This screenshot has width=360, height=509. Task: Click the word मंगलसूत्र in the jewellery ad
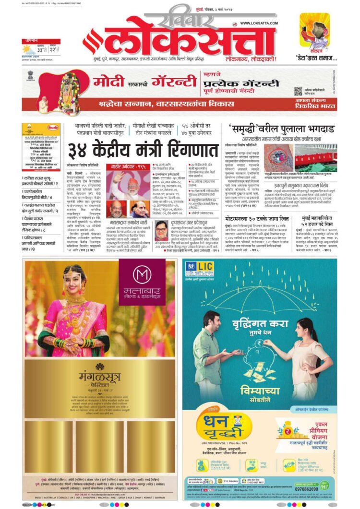(x=99, y=376)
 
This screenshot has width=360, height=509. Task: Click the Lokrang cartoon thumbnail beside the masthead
(x=314, y=31)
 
